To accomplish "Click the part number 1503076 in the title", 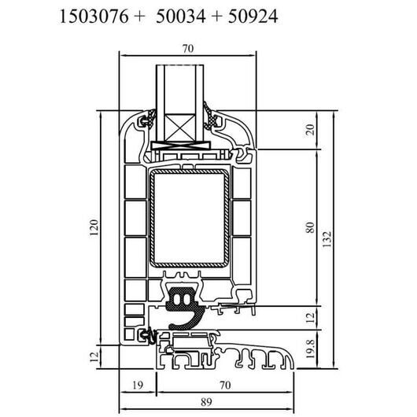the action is pyautogui.click(x=94, y=17).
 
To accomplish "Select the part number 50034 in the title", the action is pyautogui.click(x=181, y=17).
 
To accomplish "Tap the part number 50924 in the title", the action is pyautogui.click(x=253, y=17).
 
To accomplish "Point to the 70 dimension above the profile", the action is pyautogui.click(x=188, y=49).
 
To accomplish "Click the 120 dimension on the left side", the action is pyautogui.click(x=94, y=227).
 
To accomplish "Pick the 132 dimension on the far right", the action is pyautogui.click(x=327, y=239).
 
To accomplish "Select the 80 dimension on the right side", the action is pyautogui.click(x=310, y=228).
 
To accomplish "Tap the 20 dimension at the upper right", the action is pyautogui.click(x=310, y=130).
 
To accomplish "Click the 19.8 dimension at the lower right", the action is pyautogui.click(x=310, y=349).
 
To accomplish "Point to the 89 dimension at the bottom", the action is pyautogui.click(x=206, y=401).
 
